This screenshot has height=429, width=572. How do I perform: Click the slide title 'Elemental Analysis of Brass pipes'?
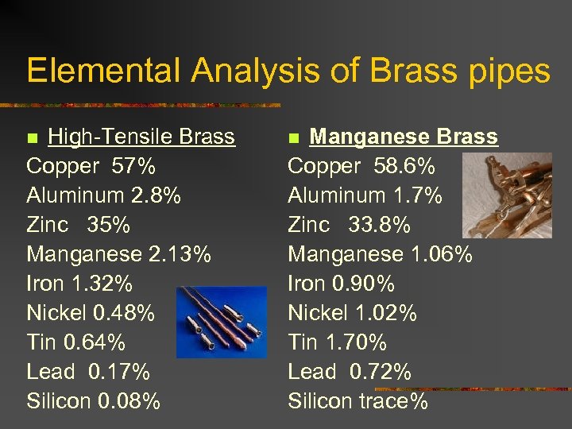288,71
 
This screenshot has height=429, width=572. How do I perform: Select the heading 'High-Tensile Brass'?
141,137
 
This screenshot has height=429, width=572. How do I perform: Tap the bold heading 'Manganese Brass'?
404,137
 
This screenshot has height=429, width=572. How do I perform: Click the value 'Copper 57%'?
91,166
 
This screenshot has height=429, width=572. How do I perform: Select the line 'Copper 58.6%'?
361,166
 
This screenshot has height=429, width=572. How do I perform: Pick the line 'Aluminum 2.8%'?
103,195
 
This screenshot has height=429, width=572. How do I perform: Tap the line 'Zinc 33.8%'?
349,225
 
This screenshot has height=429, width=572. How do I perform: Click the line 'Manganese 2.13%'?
118,254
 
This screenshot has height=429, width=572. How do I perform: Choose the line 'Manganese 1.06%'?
380,254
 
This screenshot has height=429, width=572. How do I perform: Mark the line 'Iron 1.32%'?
79,284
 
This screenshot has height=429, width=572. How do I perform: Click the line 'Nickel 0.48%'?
91,313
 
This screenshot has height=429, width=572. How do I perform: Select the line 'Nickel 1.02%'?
352,313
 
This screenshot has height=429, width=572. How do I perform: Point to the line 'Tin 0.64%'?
75,342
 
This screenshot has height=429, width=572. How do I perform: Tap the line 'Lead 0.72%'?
349,372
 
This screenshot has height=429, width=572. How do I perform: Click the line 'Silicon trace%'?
357,401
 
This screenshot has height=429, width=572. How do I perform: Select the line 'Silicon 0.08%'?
93,401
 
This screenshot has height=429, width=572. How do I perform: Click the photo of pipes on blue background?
211,322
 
